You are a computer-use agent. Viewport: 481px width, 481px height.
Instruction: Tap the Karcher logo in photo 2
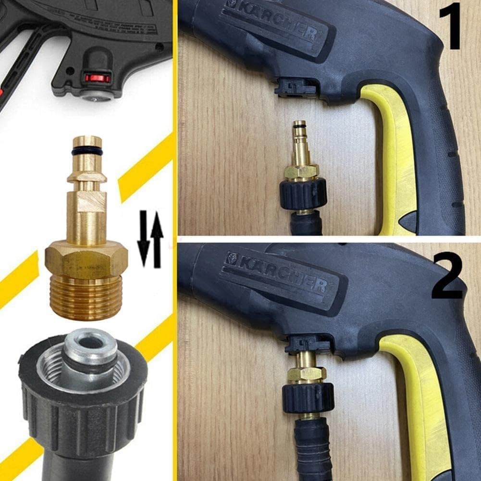[279, 273]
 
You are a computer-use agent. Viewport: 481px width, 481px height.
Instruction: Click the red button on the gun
[98, 78]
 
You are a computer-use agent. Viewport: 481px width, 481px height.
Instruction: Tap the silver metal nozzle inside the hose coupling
[91, 351]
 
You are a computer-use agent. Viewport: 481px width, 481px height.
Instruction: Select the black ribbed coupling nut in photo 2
[308, 396]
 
